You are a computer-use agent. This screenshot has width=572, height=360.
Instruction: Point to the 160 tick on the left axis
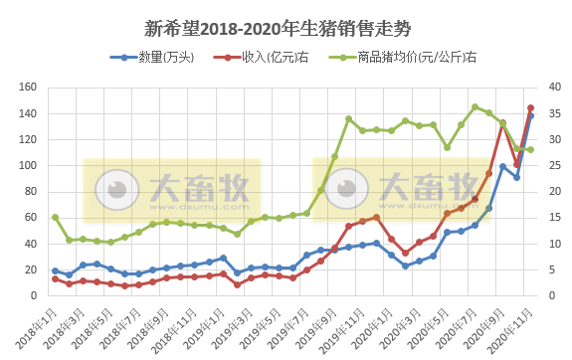[x=27, y=88]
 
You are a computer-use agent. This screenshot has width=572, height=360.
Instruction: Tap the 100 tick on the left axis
[x=27, y=165]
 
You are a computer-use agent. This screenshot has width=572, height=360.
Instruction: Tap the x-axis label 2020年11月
[x=511, y=324]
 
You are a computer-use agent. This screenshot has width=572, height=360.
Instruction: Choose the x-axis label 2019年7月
[x=289, y=324]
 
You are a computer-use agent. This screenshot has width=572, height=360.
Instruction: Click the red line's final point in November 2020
[x=531, y=108]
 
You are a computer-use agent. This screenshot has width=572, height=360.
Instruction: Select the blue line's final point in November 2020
[x=531, y=116]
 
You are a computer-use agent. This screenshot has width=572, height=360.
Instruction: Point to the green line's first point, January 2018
[x=55, y=217]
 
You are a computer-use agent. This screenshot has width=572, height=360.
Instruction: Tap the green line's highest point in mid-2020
[x=475, y=106]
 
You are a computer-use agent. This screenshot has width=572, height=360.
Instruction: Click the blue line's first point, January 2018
[x=55, y=270]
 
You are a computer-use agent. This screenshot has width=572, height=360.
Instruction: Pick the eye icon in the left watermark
[x=123, y=186]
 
